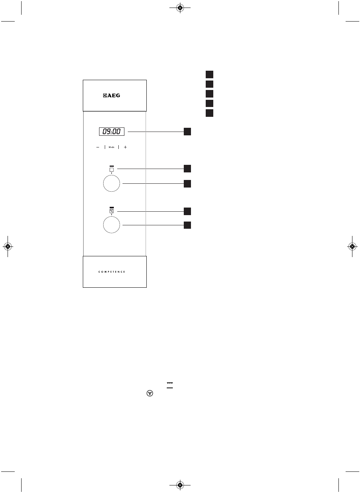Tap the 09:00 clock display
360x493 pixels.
[112, 132]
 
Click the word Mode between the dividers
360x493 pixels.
[112, 147]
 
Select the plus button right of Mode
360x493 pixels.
[125, 147]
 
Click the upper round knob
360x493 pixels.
[112, 184]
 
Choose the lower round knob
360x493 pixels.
[112, 225]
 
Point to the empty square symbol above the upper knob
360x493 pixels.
[112, 170]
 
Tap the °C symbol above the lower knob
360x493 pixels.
[112, 211]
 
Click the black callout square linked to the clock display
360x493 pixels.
[188, 132]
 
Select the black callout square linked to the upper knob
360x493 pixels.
[188, 184]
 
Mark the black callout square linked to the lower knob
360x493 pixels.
[188, 225]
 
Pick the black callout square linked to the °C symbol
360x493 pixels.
[188, 211]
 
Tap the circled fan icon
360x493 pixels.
[150, 394]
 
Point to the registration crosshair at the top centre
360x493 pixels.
[180, 8]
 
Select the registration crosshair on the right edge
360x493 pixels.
[352, 246]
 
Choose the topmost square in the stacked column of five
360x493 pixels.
[209, 74]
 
